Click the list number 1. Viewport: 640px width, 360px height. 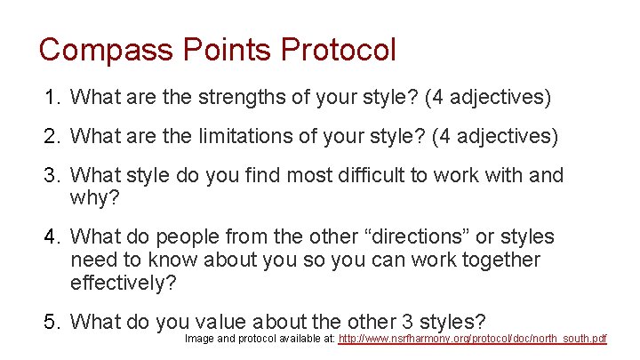[50, 97]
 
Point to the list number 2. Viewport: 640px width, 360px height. [50, 136]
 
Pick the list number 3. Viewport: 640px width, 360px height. [50, 175]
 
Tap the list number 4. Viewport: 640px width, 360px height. [50, 236]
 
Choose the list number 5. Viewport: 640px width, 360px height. [50, 321]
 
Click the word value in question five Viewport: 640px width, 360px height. [219, 321]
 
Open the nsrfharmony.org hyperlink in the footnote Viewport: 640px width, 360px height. [473, 340]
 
